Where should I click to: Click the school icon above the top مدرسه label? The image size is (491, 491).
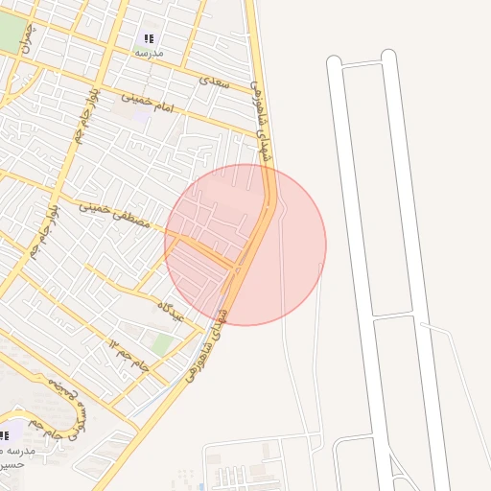click(x=149, y=38)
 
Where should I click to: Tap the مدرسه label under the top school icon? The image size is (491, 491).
click(x=149, y=54)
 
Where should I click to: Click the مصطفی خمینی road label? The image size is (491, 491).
click(x=114, y=216)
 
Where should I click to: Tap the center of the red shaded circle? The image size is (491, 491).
click(x=245, y=245)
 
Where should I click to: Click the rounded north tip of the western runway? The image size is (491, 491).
click(x=334, y=62)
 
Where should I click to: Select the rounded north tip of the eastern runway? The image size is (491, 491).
click(x=388, y=57)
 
